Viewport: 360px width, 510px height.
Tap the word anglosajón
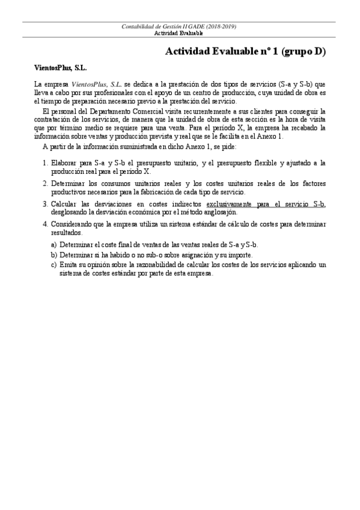point(219,212)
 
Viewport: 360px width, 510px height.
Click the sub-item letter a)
point(54,245)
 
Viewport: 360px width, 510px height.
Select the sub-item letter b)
point(54,254)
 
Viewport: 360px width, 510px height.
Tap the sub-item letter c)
point(54,265)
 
